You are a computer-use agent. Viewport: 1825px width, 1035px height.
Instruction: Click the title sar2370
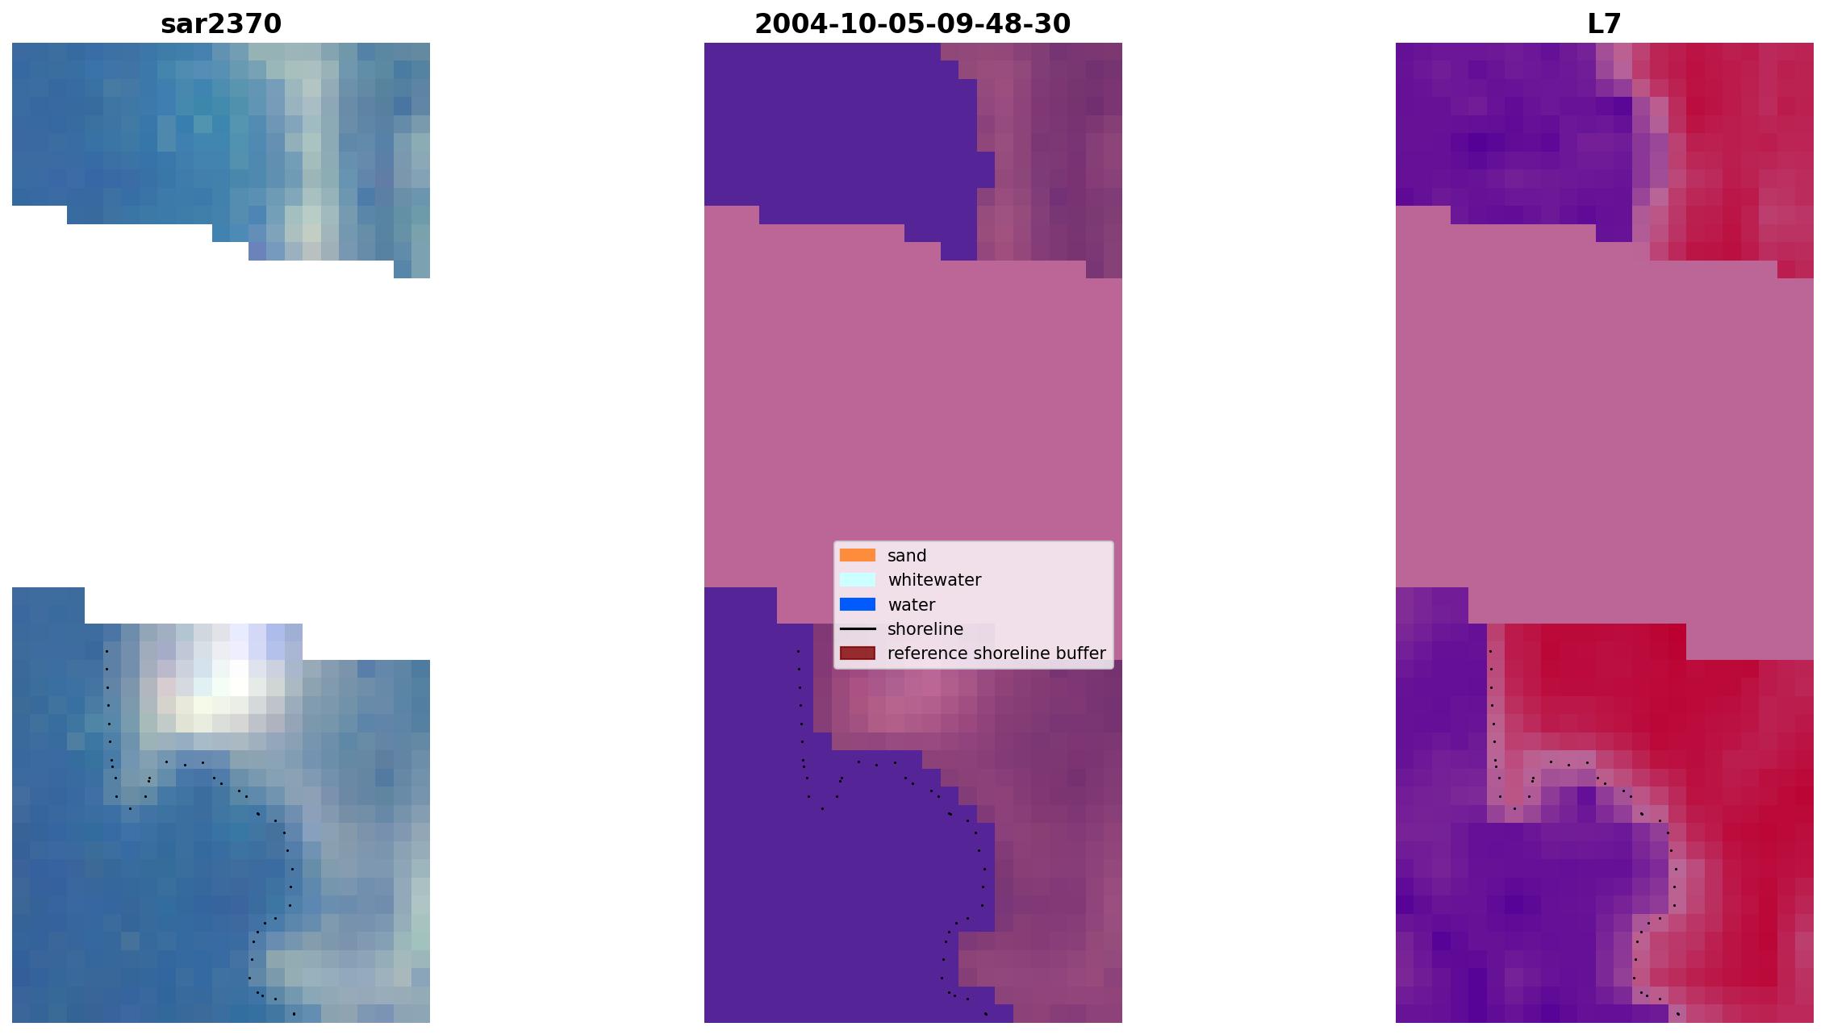click(221, 24)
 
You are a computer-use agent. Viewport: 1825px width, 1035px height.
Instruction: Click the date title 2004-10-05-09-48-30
click(912, 24)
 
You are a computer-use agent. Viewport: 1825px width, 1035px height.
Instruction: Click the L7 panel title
click(1604, 24)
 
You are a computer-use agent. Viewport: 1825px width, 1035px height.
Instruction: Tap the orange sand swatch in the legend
click(858, 555)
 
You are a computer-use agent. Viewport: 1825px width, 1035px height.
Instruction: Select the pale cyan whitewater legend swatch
click(858, 579)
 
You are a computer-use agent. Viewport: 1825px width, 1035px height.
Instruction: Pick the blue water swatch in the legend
click(858, 604)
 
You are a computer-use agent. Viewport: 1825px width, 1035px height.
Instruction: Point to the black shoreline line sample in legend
click(858, 628)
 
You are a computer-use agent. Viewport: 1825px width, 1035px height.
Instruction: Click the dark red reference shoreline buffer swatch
click(858, 653)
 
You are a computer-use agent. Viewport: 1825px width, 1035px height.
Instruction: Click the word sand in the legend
click(907, 556)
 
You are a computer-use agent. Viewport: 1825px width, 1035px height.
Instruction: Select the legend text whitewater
click(934, 580)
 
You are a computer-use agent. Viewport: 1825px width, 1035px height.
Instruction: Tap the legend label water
click(912, 605)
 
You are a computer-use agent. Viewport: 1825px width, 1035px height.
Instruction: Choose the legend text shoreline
click(925, 629)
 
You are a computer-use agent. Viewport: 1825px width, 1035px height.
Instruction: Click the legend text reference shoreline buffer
click(996, 653)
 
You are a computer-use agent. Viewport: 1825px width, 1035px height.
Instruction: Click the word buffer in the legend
click(1080, 653)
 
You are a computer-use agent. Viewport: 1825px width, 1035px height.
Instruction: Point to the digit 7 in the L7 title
click(1613, 24)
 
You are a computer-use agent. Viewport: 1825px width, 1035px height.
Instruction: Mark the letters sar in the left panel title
click(185, 24)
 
